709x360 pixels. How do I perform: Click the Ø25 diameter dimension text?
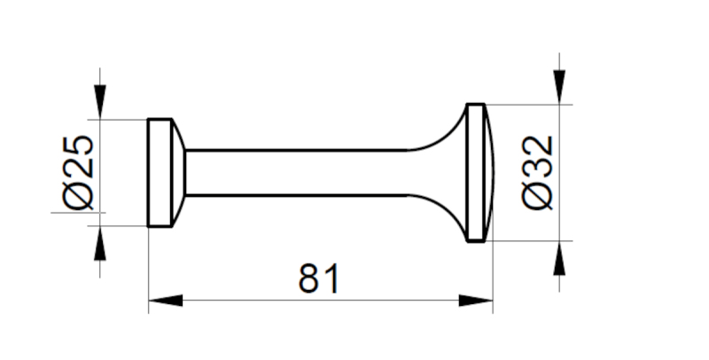click(79, 173)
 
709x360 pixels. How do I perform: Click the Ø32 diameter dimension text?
click(538, 172)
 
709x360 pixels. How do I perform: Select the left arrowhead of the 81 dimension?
click(166, 301)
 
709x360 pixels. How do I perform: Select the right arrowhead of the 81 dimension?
click(476, 301)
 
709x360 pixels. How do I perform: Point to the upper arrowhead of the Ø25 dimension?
click(100, 102)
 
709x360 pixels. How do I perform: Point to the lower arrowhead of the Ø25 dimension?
click(100, 243)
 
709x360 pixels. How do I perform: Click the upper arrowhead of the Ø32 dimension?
click(559, 87)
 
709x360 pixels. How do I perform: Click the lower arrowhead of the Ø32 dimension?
click(559, 258)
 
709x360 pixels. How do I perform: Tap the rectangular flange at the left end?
click(160, 173)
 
